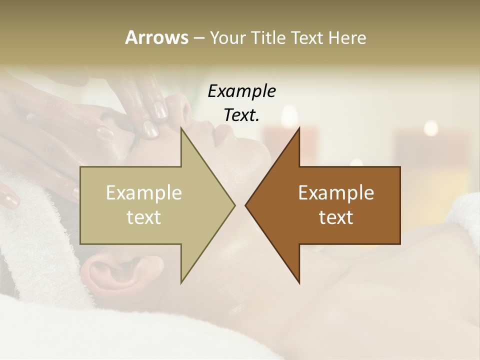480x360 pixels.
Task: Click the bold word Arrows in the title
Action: click(x=156, y=37)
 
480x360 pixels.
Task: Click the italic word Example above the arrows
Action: click(x=242, y=91)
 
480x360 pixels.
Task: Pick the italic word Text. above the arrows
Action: click(x=242, y=115)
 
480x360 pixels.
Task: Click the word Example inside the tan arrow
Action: click(x=144, y=192)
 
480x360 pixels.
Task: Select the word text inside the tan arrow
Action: click(x=144, y=217)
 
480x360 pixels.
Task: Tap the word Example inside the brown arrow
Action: click(x=336, y=192)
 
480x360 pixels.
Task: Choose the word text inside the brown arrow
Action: click(x=336, y=217)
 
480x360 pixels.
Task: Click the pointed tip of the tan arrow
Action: click(x=234, y=205)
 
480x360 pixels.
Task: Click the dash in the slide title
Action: click(x=198, y=38)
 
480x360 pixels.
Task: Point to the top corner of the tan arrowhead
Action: click(x=181, y=128)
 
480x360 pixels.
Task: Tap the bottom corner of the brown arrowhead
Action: click(x=299, y=282)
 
